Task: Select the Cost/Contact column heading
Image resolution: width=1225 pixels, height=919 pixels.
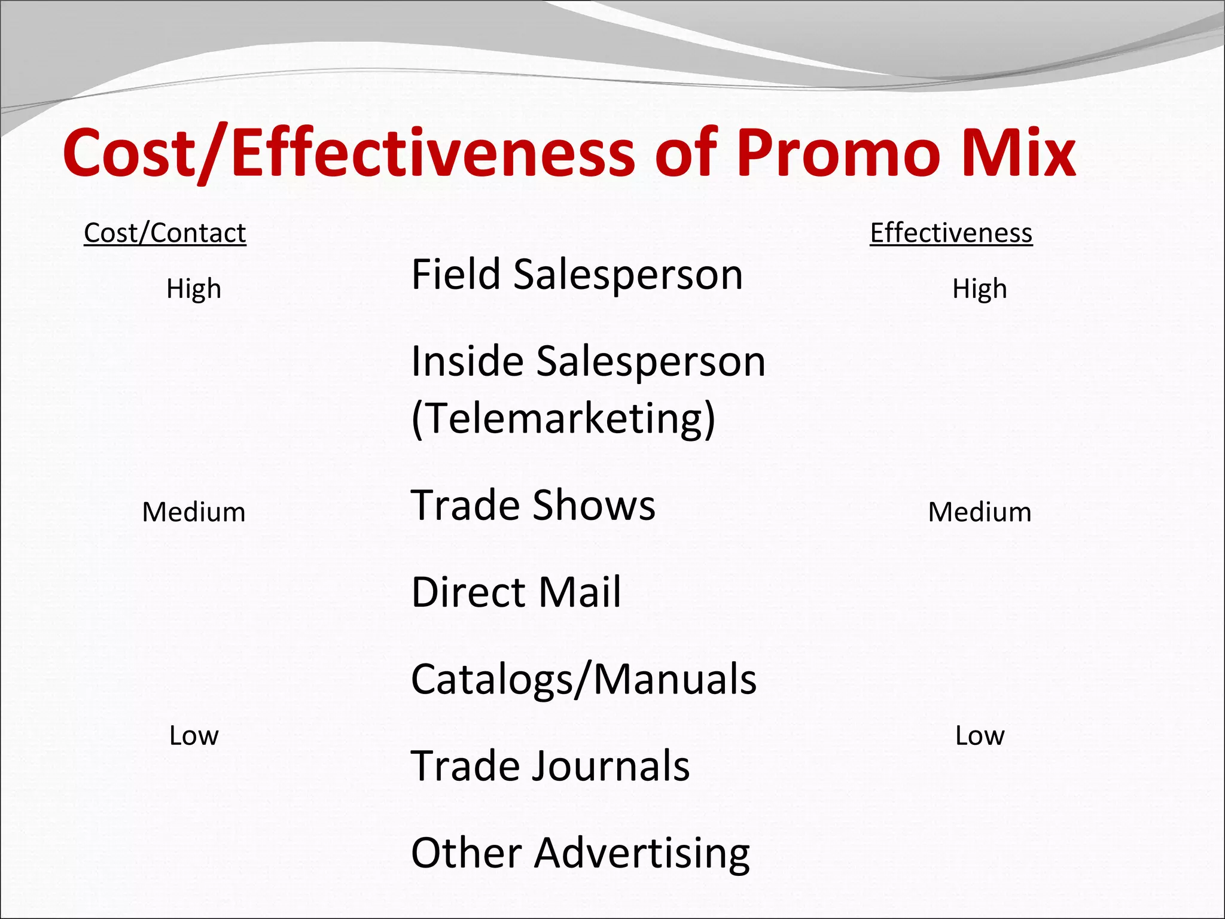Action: point(164,233)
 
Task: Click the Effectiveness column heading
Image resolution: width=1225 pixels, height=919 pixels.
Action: point(951,233)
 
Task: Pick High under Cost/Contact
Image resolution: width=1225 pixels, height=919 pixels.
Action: point(194,289)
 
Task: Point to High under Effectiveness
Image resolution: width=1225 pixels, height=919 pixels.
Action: point(979,289)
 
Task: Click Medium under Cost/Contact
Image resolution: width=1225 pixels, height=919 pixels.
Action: point(194,512)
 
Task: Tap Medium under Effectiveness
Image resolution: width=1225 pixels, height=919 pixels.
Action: point(979,512)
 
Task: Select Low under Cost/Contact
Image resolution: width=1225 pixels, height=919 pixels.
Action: point(194,735)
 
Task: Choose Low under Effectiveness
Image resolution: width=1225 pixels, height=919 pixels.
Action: point(979,735)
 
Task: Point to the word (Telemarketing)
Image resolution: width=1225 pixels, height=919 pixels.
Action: point(563,418)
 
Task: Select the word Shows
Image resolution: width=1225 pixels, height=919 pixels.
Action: point(593,505)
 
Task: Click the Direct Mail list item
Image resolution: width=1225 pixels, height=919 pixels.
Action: point(516,592)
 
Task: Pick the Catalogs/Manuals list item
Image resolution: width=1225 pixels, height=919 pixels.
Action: point(584,679)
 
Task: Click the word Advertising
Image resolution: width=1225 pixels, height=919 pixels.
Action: point(642,853)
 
